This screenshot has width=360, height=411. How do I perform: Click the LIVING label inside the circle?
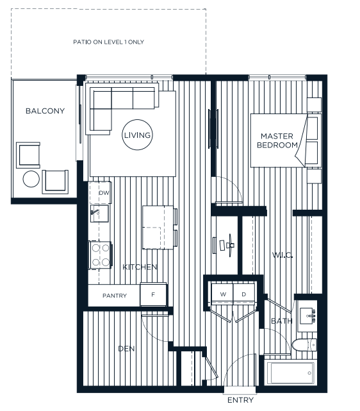coord(137,135)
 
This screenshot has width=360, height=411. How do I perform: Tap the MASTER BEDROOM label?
coord(277,140)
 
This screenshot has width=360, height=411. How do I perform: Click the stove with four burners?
coord(100,254)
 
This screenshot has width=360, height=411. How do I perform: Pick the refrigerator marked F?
coord(154,295)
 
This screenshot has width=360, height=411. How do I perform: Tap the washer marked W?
coord(224,294)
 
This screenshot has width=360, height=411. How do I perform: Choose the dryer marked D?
coord(243,294)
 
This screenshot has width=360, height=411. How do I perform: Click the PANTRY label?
coord(115,296)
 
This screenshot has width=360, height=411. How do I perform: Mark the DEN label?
coord(126,349)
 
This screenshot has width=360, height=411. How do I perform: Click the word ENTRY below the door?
coord(240,400)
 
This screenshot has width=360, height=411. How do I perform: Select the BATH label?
coord(281,321)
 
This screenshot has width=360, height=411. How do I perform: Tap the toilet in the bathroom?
coord(305,346)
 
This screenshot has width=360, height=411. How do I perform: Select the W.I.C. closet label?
coord(282,256)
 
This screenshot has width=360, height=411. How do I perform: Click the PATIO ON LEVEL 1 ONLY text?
coord(109,42)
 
